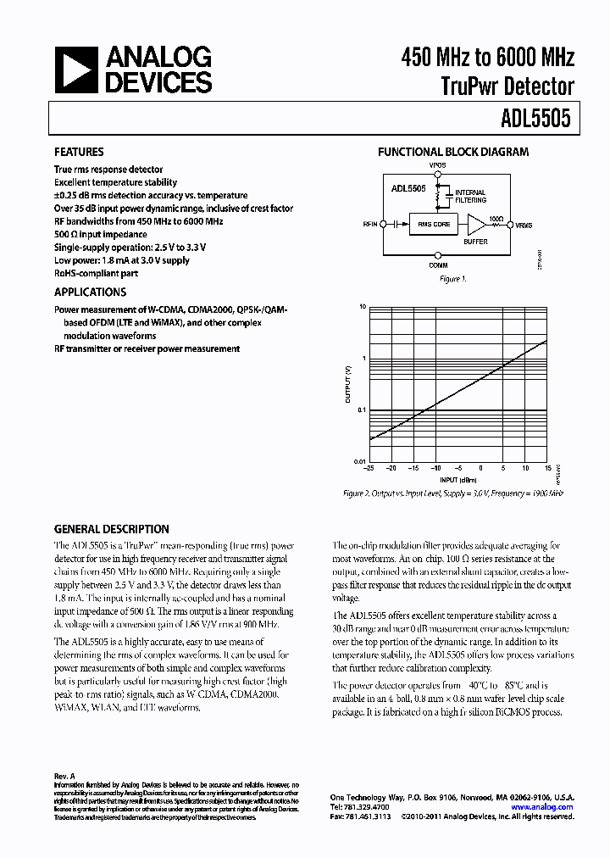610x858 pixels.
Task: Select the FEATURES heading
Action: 79,153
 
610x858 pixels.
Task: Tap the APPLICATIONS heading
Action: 91,292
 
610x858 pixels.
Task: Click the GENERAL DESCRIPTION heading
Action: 111,529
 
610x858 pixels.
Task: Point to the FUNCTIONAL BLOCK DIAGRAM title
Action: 452,153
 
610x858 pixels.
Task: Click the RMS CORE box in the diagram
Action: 435,225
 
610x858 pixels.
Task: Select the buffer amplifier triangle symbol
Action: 478,225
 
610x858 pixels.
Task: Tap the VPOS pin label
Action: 436,165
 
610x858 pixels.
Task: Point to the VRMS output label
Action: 524,225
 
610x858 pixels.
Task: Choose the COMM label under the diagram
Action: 436,265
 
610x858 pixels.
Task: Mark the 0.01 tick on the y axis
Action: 358,461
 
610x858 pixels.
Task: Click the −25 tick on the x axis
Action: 369,468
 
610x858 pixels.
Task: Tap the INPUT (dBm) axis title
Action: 458,479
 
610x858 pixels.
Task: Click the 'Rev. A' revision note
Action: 65,776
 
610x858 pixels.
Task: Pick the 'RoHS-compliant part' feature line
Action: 96,273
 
